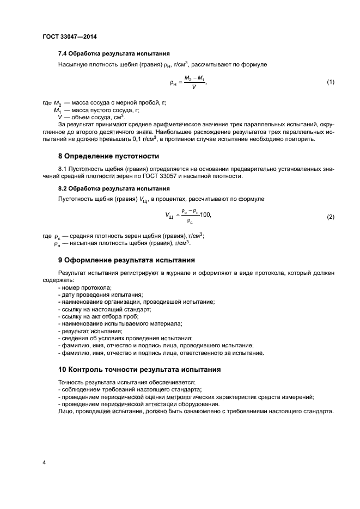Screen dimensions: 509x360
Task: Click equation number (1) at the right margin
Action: (x=330, y=82)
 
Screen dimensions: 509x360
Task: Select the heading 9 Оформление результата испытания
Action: (x=126, y=259)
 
